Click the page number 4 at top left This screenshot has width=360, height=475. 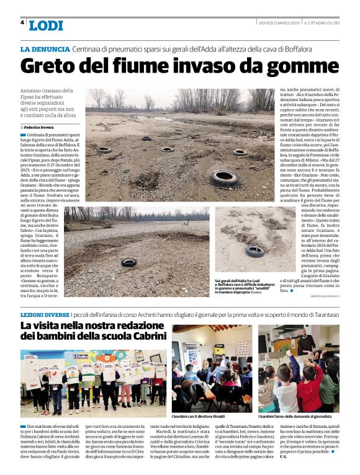(x=22, y=22)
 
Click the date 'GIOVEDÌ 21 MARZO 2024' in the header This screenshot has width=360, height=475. (x=280, y=23)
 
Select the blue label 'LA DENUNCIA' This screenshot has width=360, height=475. (x=45, y=48)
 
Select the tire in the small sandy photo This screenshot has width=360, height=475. (x=254, y=251)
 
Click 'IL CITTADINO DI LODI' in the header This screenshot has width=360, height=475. (x=321, y=23)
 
